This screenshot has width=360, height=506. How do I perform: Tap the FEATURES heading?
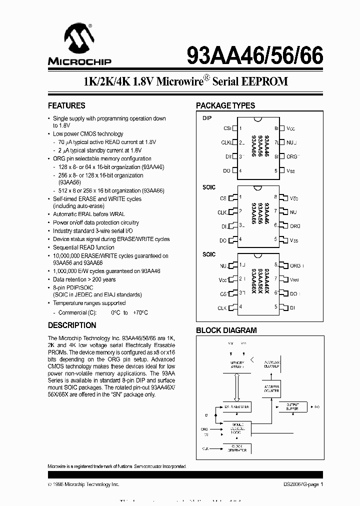[66, 105]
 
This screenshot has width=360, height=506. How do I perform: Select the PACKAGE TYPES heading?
[225, 105]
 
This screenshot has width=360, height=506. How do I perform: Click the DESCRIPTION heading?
[71, 325]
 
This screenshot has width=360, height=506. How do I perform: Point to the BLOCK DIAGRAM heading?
[226, 330]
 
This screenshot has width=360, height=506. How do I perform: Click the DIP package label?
[207, 118]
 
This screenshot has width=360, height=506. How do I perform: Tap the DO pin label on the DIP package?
[227, 171]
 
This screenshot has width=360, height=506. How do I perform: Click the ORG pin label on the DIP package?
[292, 156]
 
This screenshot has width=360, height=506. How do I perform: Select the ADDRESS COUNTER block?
[271, 388]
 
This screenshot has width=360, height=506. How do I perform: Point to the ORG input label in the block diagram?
[204, 428]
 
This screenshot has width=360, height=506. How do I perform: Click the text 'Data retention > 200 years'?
[84, 279]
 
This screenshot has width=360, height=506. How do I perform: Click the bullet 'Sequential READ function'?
[83, 247]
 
